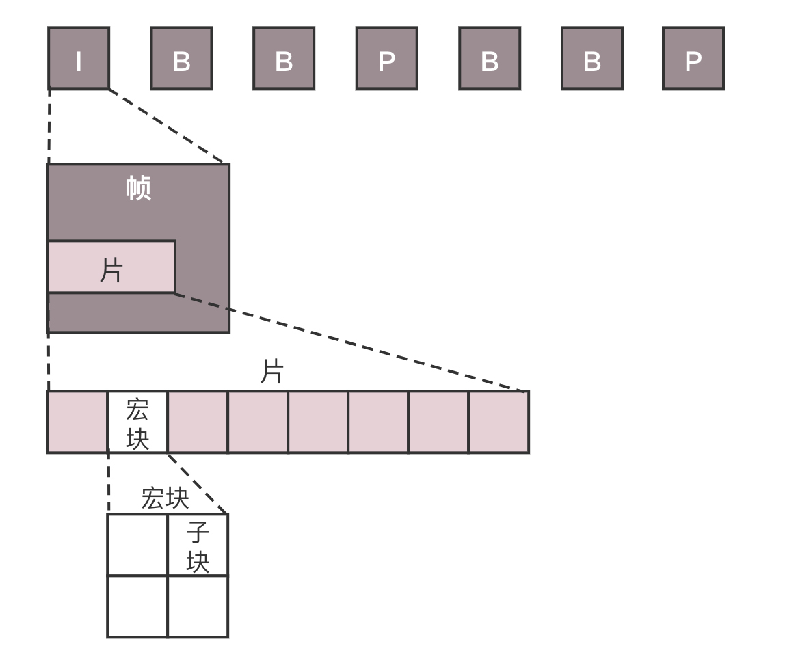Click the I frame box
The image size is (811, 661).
[78, 58]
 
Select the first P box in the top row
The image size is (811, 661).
[386, 58]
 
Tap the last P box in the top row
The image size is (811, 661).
[693, 58]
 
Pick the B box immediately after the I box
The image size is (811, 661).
[181, 58]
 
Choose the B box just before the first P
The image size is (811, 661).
[284, 58]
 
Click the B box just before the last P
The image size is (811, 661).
[591, 58]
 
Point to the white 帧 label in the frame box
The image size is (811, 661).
[138, 189]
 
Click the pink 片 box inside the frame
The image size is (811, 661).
[111, 267]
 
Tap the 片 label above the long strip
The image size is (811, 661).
[272, 373]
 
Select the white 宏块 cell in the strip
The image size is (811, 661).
[137, 422]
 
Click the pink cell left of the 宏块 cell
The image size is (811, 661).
[77, 422]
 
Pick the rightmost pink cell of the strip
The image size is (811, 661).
[498, 422]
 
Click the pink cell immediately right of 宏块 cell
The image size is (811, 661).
[198, 422]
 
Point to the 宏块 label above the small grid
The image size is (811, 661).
[165, 498]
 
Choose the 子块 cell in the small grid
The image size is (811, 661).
[198, 545]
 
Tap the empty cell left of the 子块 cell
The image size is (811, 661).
[137, 545]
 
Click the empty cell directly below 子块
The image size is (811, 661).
[198, 606]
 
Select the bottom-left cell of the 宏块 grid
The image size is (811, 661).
[137, 606]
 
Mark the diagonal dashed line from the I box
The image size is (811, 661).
[167, 126]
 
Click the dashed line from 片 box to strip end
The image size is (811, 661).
[350, 342]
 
